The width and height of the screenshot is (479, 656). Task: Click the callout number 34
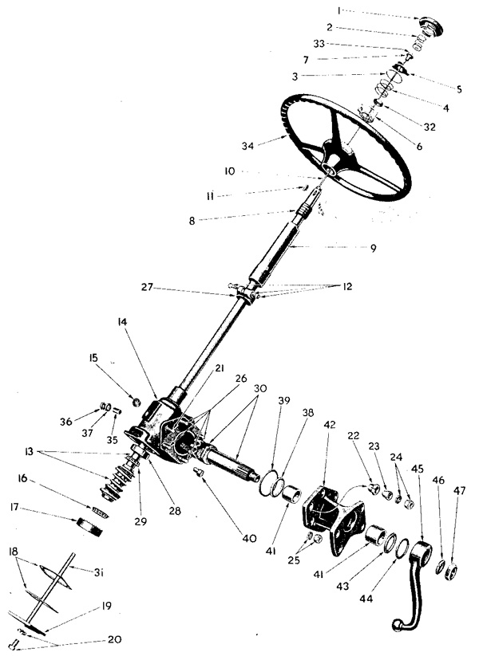click(248, 146)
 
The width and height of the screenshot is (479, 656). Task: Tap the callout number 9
click(373, 248)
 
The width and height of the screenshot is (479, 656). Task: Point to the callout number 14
click(122, 322)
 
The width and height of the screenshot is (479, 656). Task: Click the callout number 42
click(330, 424)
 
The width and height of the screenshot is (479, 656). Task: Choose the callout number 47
click(459, 490)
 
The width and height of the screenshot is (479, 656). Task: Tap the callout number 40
click(249, 539)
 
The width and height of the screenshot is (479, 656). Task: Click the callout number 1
click(338, 11)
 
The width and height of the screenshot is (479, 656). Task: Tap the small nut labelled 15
click(136, 402)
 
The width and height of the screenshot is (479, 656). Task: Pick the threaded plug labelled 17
click(91, 527)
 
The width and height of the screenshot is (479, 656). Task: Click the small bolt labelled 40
click(199, 472)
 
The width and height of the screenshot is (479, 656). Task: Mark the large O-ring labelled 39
click(268, 483)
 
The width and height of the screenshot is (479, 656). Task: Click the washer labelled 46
click(440, 567)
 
